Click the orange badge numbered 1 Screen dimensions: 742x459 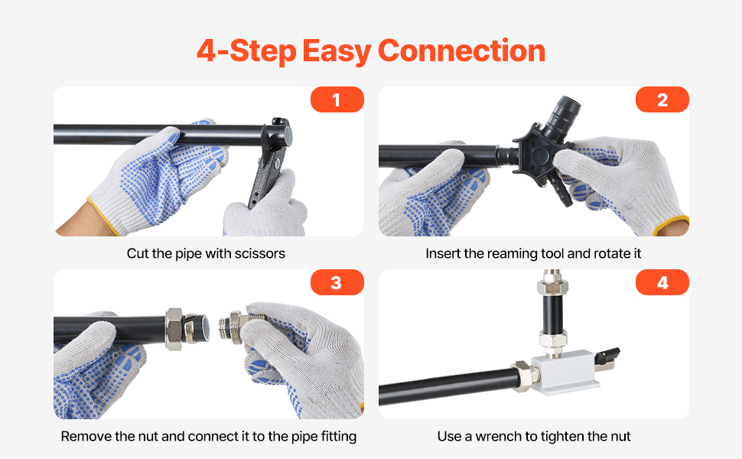337,99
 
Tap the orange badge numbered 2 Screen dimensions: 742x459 662,99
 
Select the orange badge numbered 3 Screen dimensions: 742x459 337,282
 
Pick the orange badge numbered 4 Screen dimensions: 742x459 662,282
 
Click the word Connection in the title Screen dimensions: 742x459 461,50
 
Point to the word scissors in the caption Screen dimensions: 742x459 260,254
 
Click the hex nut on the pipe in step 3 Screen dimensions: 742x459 174,329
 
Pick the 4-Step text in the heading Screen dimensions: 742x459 246,50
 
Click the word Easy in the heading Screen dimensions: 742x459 337,51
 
